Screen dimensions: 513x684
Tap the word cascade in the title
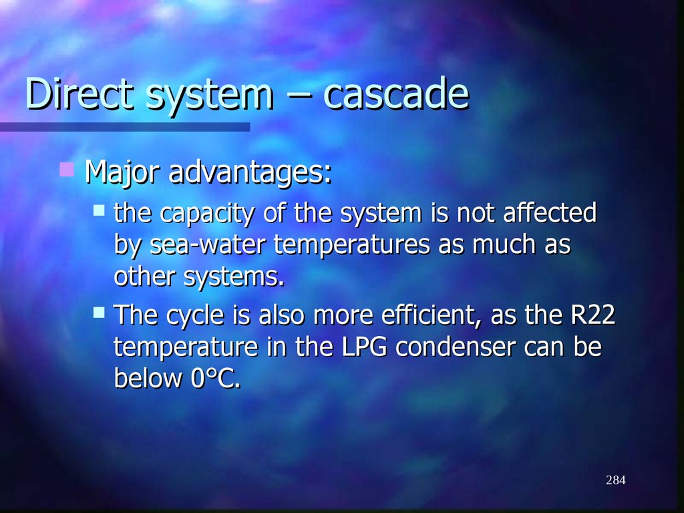(395, 95)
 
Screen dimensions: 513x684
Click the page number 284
(615, 480)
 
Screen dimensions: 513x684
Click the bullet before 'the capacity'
(99, 210)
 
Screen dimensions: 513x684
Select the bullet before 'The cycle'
(99, 311)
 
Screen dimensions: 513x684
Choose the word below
(148, 379)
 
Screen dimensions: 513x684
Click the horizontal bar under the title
(125, 126)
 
